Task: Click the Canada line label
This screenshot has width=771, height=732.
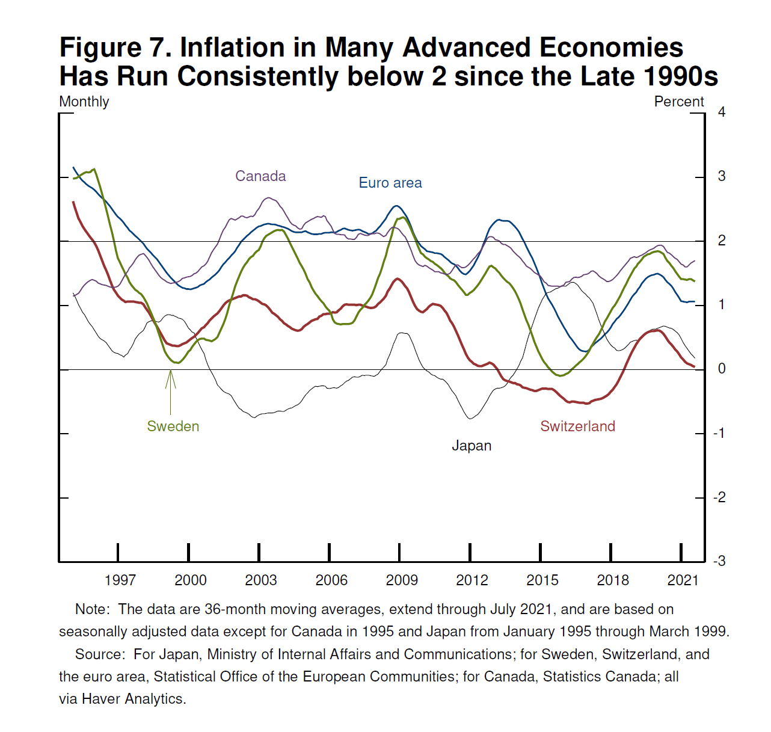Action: click(x=260, y=176)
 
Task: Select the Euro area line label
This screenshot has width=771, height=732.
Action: click(x=390, y=183)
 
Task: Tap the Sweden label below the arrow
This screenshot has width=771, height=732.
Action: click(x=173, y=426)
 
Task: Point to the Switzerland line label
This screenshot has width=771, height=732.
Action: click(x=577, y=426)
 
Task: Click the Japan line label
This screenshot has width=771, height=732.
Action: click(x=472, y=446)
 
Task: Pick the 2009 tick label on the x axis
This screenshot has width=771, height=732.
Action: click(x=402, y=580)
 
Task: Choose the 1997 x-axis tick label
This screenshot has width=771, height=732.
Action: click(x=120, y=580)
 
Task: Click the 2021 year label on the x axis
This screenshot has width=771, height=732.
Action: click(x=683, y=580)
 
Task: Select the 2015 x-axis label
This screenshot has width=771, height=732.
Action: click(x=542, y=580)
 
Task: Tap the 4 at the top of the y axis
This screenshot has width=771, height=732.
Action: click(x=722, y=112)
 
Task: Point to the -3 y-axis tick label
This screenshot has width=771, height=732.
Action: click(x=719, y=561)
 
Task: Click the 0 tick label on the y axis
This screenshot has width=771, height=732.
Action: click(x=722, y=369)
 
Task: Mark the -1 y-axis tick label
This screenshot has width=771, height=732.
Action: click(x=719, y=433)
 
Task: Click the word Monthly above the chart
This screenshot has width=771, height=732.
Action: click(x=84, y=102)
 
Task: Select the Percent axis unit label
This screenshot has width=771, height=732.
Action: click(x=679, y=102)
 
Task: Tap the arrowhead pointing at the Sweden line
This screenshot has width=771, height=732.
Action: click(x=171, y=374)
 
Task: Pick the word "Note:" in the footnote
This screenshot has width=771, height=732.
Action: click(x=93, y=609)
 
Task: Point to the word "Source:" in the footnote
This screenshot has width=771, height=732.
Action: click(x=100, y=654)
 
